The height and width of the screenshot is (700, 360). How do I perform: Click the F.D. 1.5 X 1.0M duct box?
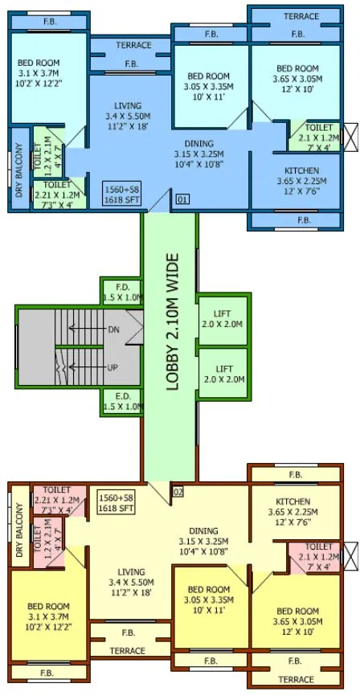123,292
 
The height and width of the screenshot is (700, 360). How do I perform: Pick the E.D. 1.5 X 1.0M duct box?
123,402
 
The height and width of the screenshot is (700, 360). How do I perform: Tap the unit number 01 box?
182,198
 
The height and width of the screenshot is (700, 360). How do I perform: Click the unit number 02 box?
178,491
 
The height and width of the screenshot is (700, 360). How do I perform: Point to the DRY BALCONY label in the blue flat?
18,171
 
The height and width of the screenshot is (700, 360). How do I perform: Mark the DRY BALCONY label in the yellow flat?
18,531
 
